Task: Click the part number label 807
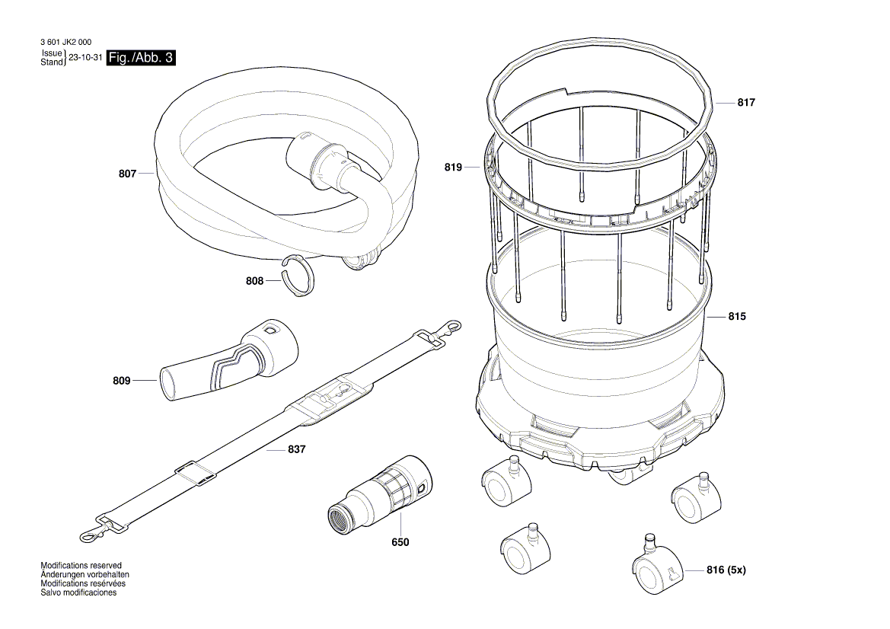[127, 174]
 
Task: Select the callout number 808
[254, 281]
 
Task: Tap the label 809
[121, 380]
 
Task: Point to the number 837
[296, 450]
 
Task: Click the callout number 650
[400, 542]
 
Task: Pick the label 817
[746, 103]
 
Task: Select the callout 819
[454, 167]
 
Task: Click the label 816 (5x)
[726, 570]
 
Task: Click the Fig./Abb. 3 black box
[141, 58]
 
